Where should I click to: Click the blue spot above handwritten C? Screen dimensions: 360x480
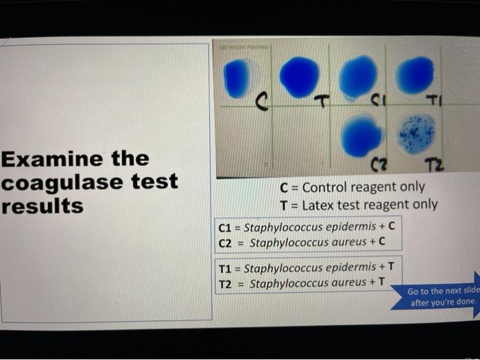(238, 77)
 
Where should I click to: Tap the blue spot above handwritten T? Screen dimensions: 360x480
(299, 76)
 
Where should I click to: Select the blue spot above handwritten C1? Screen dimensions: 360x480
(358, 76)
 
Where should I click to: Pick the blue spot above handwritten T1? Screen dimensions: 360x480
(416, 75)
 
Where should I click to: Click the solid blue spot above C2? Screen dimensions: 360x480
(361, 135)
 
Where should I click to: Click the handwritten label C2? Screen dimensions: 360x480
(379, 164)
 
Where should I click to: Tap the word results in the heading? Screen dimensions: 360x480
(43, 205)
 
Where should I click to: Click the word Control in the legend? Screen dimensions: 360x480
(328, 187)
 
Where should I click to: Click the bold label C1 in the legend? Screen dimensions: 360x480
(226, 227)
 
